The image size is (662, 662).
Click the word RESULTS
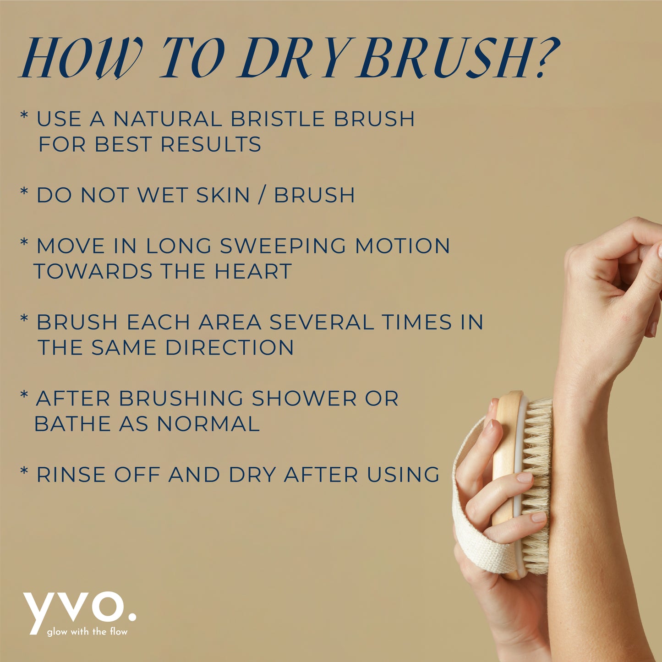(211, 145)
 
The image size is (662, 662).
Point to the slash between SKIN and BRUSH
(262, 195)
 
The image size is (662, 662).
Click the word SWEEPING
(283, 246)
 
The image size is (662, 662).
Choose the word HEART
(253, 272)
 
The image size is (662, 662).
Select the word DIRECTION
(230, 348)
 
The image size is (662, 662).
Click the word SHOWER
(304, 399)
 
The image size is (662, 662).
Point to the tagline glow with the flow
(87, 632)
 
